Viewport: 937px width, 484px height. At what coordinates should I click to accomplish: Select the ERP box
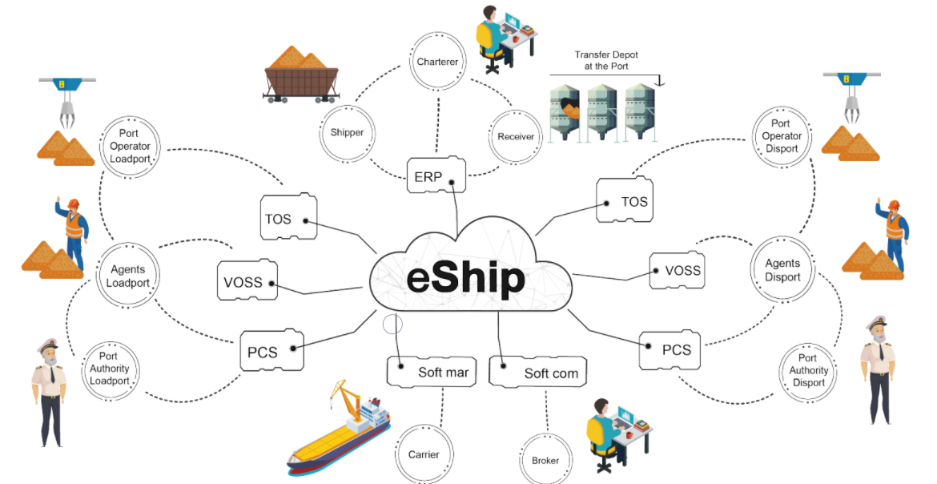coord(436,175)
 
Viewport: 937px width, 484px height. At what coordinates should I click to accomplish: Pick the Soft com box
coord(538,373)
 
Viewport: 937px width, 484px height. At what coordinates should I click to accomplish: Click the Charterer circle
coord(436,62)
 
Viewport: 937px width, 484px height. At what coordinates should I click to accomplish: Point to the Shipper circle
coord(347,133)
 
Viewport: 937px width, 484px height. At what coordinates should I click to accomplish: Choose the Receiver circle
coord(515,136)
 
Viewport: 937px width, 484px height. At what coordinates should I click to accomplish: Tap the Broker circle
coord(545,460)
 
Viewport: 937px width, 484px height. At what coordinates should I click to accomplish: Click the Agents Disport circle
coord(782,270)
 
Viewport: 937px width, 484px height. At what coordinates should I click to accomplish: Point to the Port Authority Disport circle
coord(808,370)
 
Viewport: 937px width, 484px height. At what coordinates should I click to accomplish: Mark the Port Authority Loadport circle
coord(109,368)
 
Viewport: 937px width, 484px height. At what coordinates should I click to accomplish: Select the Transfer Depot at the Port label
coord(606,60)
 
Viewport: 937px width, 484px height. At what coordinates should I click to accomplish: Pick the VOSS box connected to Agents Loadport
coord(247,281)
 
